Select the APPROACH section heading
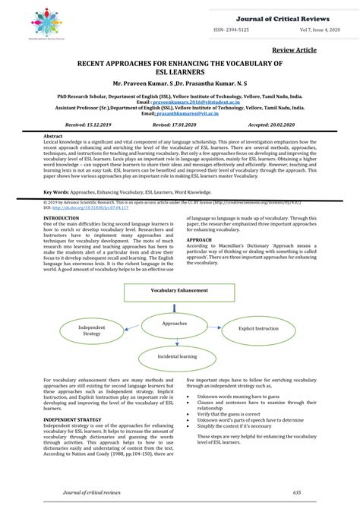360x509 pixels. pyautogui.click(x=200, y=239)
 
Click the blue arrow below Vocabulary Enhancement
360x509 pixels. pyautogui.click(x=176, y=305)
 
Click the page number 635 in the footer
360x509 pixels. pyautogui.click(x=296, y=492)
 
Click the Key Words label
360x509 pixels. pyautogui.click(x=59, y=194)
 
